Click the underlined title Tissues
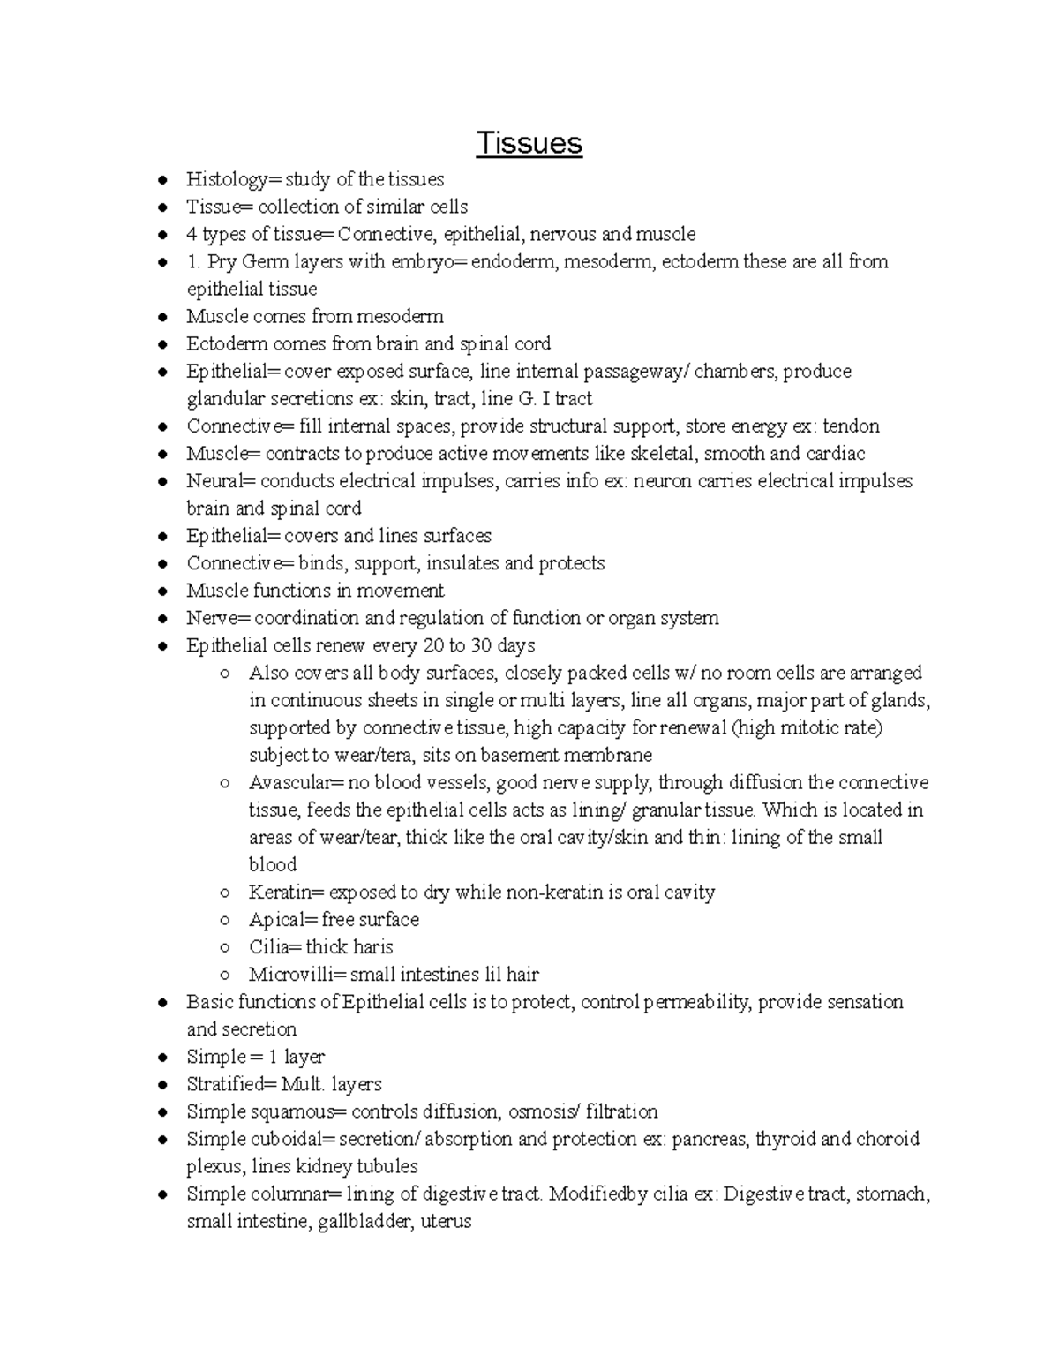coord(529,143)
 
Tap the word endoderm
coord(512,262)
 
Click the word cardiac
coord(836,454)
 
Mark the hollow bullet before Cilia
coord(226,948)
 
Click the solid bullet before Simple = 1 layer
coord(162,1058)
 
